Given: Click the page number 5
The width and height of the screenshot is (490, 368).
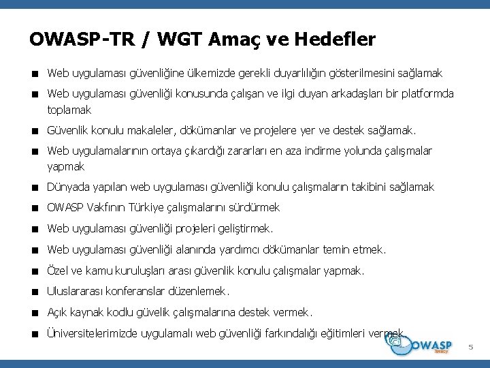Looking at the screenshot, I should click(x=470, y=348).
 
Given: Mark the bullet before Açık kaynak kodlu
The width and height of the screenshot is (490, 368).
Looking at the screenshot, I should click(x=34, y=313).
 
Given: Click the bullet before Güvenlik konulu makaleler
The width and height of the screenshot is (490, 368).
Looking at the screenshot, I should click(x=34, y=130).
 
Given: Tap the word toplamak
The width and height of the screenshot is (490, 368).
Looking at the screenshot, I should click(x=69, y=109).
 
